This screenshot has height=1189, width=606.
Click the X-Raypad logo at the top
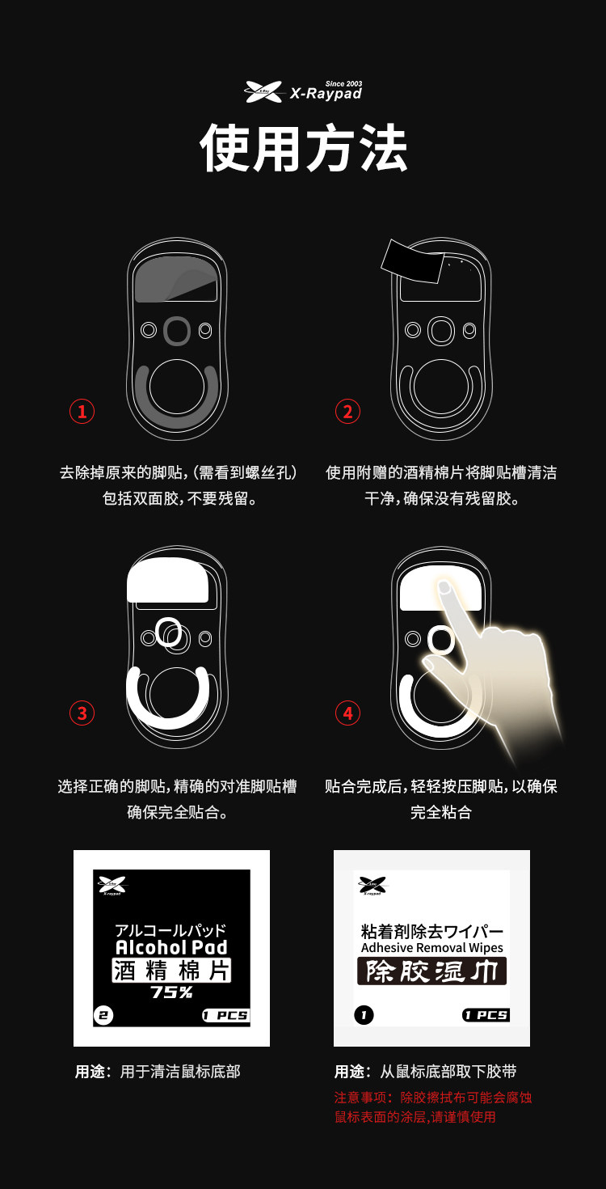tap(303, 91)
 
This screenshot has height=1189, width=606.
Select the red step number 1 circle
tap(82, 412)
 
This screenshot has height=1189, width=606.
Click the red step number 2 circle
tap(347, 412)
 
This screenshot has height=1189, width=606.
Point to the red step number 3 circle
tap(82, 713)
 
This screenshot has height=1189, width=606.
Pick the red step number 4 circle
tap(347, 713)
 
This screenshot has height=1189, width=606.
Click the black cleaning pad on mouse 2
tap(412, 261)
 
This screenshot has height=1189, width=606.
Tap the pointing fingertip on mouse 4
tap(444, 586)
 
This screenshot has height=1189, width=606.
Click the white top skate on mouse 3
tap(168, 580)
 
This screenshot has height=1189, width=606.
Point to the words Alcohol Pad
tap(171, 947)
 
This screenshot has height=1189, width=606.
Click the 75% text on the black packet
tap(171, 992)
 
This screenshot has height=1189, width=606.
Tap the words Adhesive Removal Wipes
tap(432, 948)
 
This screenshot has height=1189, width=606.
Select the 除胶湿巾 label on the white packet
tap(431, 971)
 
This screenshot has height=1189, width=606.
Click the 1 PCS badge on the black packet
tap(226, 1015)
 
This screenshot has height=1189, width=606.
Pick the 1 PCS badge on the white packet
tap(486, 1015)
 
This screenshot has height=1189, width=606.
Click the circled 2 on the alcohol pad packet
tap(103, 1015)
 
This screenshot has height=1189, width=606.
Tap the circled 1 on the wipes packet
tap(364, 1015)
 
